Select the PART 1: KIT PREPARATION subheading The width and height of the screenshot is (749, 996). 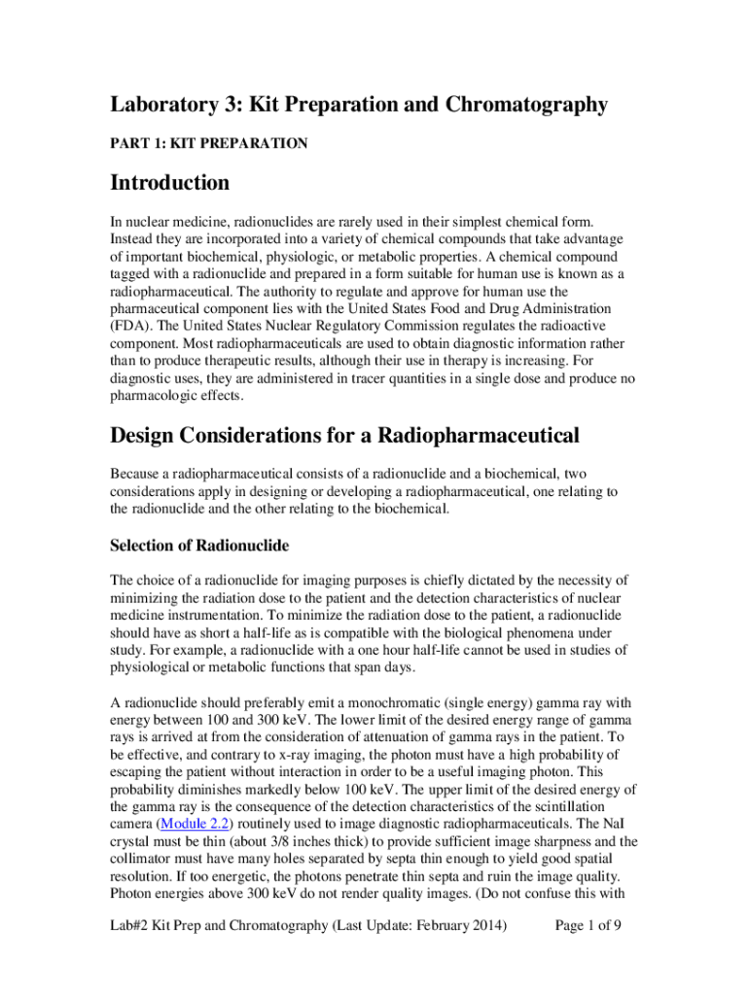tap(209, 144)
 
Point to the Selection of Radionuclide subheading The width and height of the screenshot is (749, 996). tap(199, 545)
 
